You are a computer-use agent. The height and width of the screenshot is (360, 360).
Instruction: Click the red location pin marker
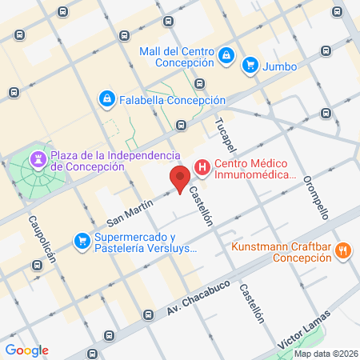click(180, 179)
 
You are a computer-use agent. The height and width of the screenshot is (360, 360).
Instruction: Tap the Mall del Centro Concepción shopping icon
click(226, 55)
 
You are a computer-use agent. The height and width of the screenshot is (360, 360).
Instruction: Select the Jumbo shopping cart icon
click(250, 64)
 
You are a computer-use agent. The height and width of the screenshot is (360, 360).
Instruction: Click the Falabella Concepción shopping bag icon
click(106, 99)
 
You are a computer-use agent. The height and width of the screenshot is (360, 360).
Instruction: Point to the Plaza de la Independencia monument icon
click(38, 160)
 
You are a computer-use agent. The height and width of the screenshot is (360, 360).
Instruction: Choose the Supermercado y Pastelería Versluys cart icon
click(82, 239)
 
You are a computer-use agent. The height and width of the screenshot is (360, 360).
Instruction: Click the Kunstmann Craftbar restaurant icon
click(342, 251)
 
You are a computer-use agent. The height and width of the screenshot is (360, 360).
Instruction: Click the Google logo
click(26, 350)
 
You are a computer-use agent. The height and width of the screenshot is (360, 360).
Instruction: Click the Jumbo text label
click(279, 64)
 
